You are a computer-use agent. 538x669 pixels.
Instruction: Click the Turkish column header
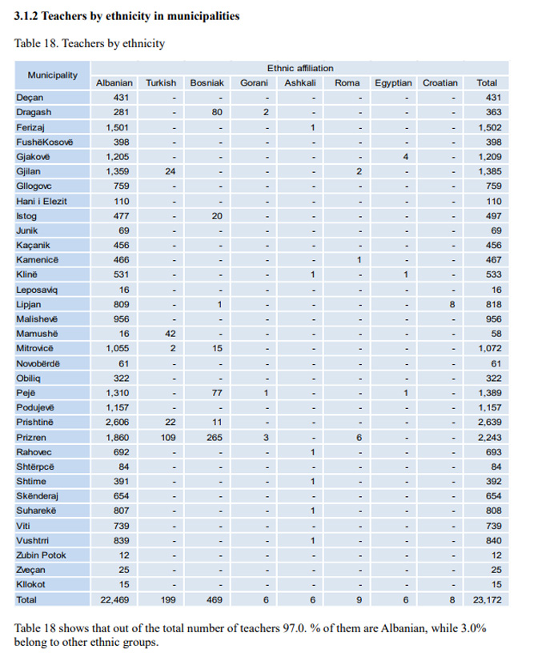click(x=161, y=82)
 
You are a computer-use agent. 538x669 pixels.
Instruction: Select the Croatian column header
click(x=440, y=82)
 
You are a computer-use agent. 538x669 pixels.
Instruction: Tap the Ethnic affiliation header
click(x=300, y=68)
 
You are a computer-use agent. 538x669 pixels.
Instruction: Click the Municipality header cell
click(x=53, y=75)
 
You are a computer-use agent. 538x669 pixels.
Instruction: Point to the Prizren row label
click(x=31, y=437)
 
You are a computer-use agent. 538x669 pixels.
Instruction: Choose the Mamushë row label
click(x=37, y=333)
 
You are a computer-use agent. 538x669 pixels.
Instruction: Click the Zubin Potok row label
click(x=41, y=555)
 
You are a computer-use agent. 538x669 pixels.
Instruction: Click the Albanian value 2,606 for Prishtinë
click(x=118, y=422)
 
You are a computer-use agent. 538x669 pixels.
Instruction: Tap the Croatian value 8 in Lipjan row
click(x=452, y=304)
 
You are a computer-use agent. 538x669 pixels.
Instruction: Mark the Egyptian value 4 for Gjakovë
click(x=406, y=156)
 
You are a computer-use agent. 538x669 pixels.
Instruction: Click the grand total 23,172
click(x=488, y=599)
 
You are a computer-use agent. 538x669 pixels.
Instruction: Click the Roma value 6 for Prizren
click(x=359, y=437)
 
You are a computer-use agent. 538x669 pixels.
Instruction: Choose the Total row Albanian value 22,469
click(x=115, y=599)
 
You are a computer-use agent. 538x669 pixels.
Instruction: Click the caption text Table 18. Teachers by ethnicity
click(x=90, y=42)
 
